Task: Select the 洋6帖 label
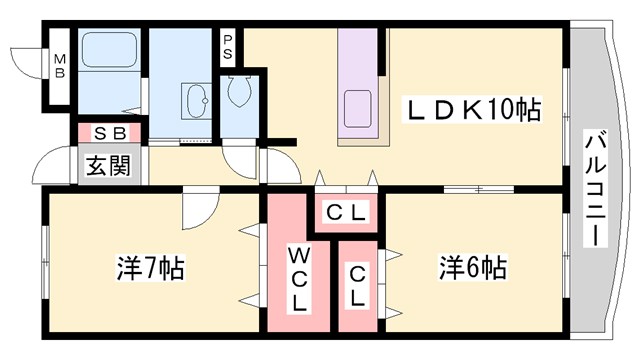coord(472,267)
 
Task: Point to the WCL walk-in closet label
coord(300,277)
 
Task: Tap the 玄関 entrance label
coord(106,166)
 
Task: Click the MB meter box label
coord(59,65)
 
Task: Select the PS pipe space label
coord(229,46)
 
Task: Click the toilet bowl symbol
coord(239,93)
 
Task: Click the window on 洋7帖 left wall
coord(44,262)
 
